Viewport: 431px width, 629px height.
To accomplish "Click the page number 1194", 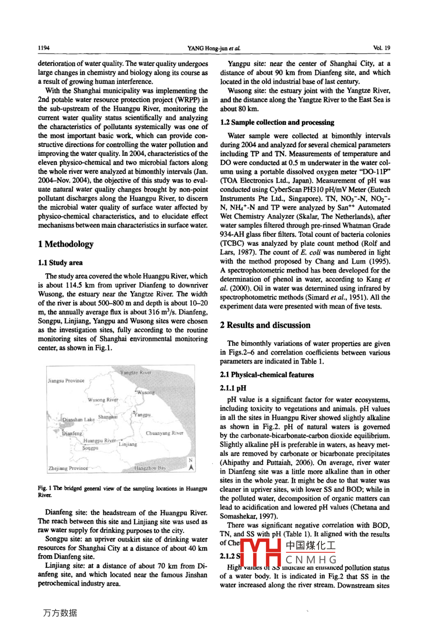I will (44, 48).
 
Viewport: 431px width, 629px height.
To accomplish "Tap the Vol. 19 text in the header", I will (381, 48).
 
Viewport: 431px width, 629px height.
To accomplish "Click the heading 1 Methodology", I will (66, 244).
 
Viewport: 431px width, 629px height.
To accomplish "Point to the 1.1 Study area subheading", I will (60, 263).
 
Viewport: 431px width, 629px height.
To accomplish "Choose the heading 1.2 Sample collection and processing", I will (277, 122).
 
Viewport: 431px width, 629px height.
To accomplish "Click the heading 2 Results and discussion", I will (265, 325).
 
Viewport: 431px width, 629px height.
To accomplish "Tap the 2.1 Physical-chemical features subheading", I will (267, 375).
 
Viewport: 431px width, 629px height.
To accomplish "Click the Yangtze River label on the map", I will (135, 373).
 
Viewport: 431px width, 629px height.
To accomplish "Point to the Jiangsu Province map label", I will (66, 381).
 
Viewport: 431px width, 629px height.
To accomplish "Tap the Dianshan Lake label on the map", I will (79, 420).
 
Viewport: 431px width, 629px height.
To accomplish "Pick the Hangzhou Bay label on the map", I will (150, 468).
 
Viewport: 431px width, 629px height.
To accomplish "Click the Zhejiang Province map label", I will (68, 468).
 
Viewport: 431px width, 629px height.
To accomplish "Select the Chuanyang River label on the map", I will (164, 433).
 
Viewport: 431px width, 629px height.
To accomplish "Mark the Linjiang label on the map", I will (128, 444).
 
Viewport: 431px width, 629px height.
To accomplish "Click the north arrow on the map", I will (191, 466).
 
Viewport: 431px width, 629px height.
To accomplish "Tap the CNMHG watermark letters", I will (311, 559).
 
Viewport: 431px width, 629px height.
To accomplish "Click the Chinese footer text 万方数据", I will (60, 613).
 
